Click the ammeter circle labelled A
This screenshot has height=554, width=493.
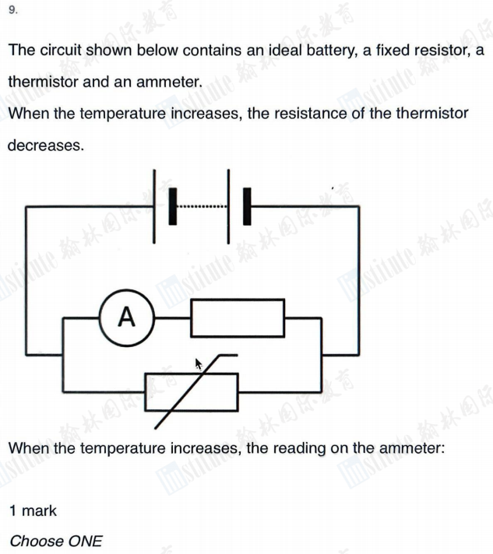(x=126, y=317)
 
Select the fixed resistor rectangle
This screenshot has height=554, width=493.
(x=238, y=317)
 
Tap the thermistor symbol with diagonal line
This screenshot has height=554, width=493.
(x=192, y=391)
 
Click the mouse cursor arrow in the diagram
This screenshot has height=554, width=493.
(x=199, y=363)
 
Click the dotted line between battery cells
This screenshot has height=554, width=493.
(x=202, y=207)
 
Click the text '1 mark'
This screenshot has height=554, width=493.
(x=33, y=511)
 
